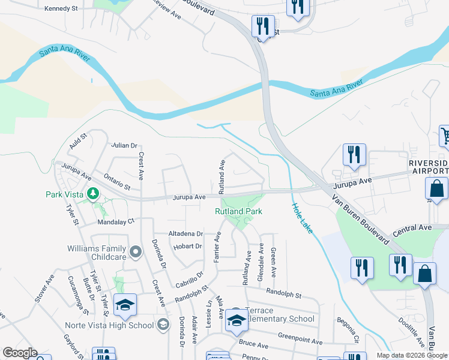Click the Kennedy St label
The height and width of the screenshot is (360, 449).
62,9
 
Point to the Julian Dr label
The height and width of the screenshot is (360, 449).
125,145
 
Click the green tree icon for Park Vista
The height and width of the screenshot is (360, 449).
92,193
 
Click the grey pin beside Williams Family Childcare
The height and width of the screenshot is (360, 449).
136,252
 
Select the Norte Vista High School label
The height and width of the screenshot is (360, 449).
109,326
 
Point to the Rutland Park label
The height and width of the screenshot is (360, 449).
238,211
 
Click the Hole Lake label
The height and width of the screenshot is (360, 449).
303,218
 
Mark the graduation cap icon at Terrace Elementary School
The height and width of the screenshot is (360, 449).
237,322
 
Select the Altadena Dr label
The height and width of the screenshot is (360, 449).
186,233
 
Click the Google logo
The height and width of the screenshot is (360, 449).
20,353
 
